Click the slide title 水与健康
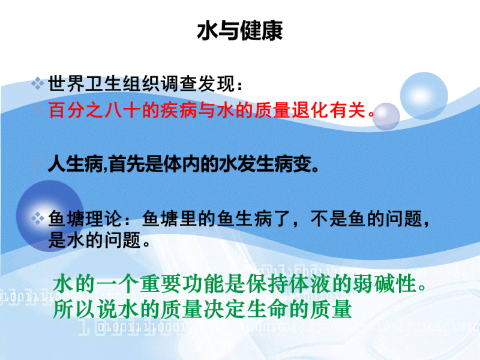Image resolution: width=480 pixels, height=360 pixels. [239, 31]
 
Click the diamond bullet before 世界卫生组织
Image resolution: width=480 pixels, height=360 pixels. [38, 83]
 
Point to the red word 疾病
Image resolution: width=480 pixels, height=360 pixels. [178, 110]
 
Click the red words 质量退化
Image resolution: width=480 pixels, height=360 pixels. [292, 110]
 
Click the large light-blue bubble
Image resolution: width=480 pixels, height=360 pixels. [424, 96]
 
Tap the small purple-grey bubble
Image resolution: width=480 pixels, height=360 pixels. [386, 116]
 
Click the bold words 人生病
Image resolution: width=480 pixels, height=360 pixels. [76, 164]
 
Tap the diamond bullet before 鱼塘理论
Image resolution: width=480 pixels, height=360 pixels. [38, 218]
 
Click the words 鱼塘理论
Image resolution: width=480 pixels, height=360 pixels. [85, 218]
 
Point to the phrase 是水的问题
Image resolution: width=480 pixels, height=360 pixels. [95, 240]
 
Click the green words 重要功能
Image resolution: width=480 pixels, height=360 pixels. [182, 284]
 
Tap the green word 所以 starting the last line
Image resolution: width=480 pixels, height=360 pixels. [74, 310]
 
